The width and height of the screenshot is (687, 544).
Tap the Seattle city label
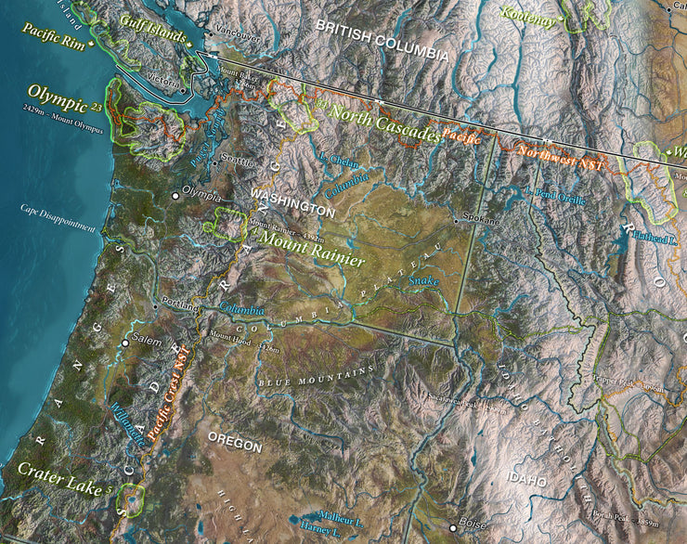(239, 161)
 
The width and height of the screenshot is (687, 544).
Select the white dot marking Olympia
(175, 196)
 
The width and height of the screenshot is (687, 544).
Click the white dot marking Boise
(454, 523)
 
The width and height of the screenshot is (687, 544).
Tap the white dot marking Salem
(125, 343)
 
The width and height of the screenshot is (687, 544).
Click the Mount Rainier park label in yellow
(312, 251)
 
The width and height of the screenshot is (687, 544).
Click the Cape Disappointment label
(58, 217)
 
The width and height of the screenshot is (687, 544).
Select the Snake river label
(423, 278)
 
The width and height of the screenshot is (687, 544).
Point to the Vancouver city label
(238, 36)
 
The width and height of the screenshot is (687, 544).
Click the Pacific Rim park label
(54, 33)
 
